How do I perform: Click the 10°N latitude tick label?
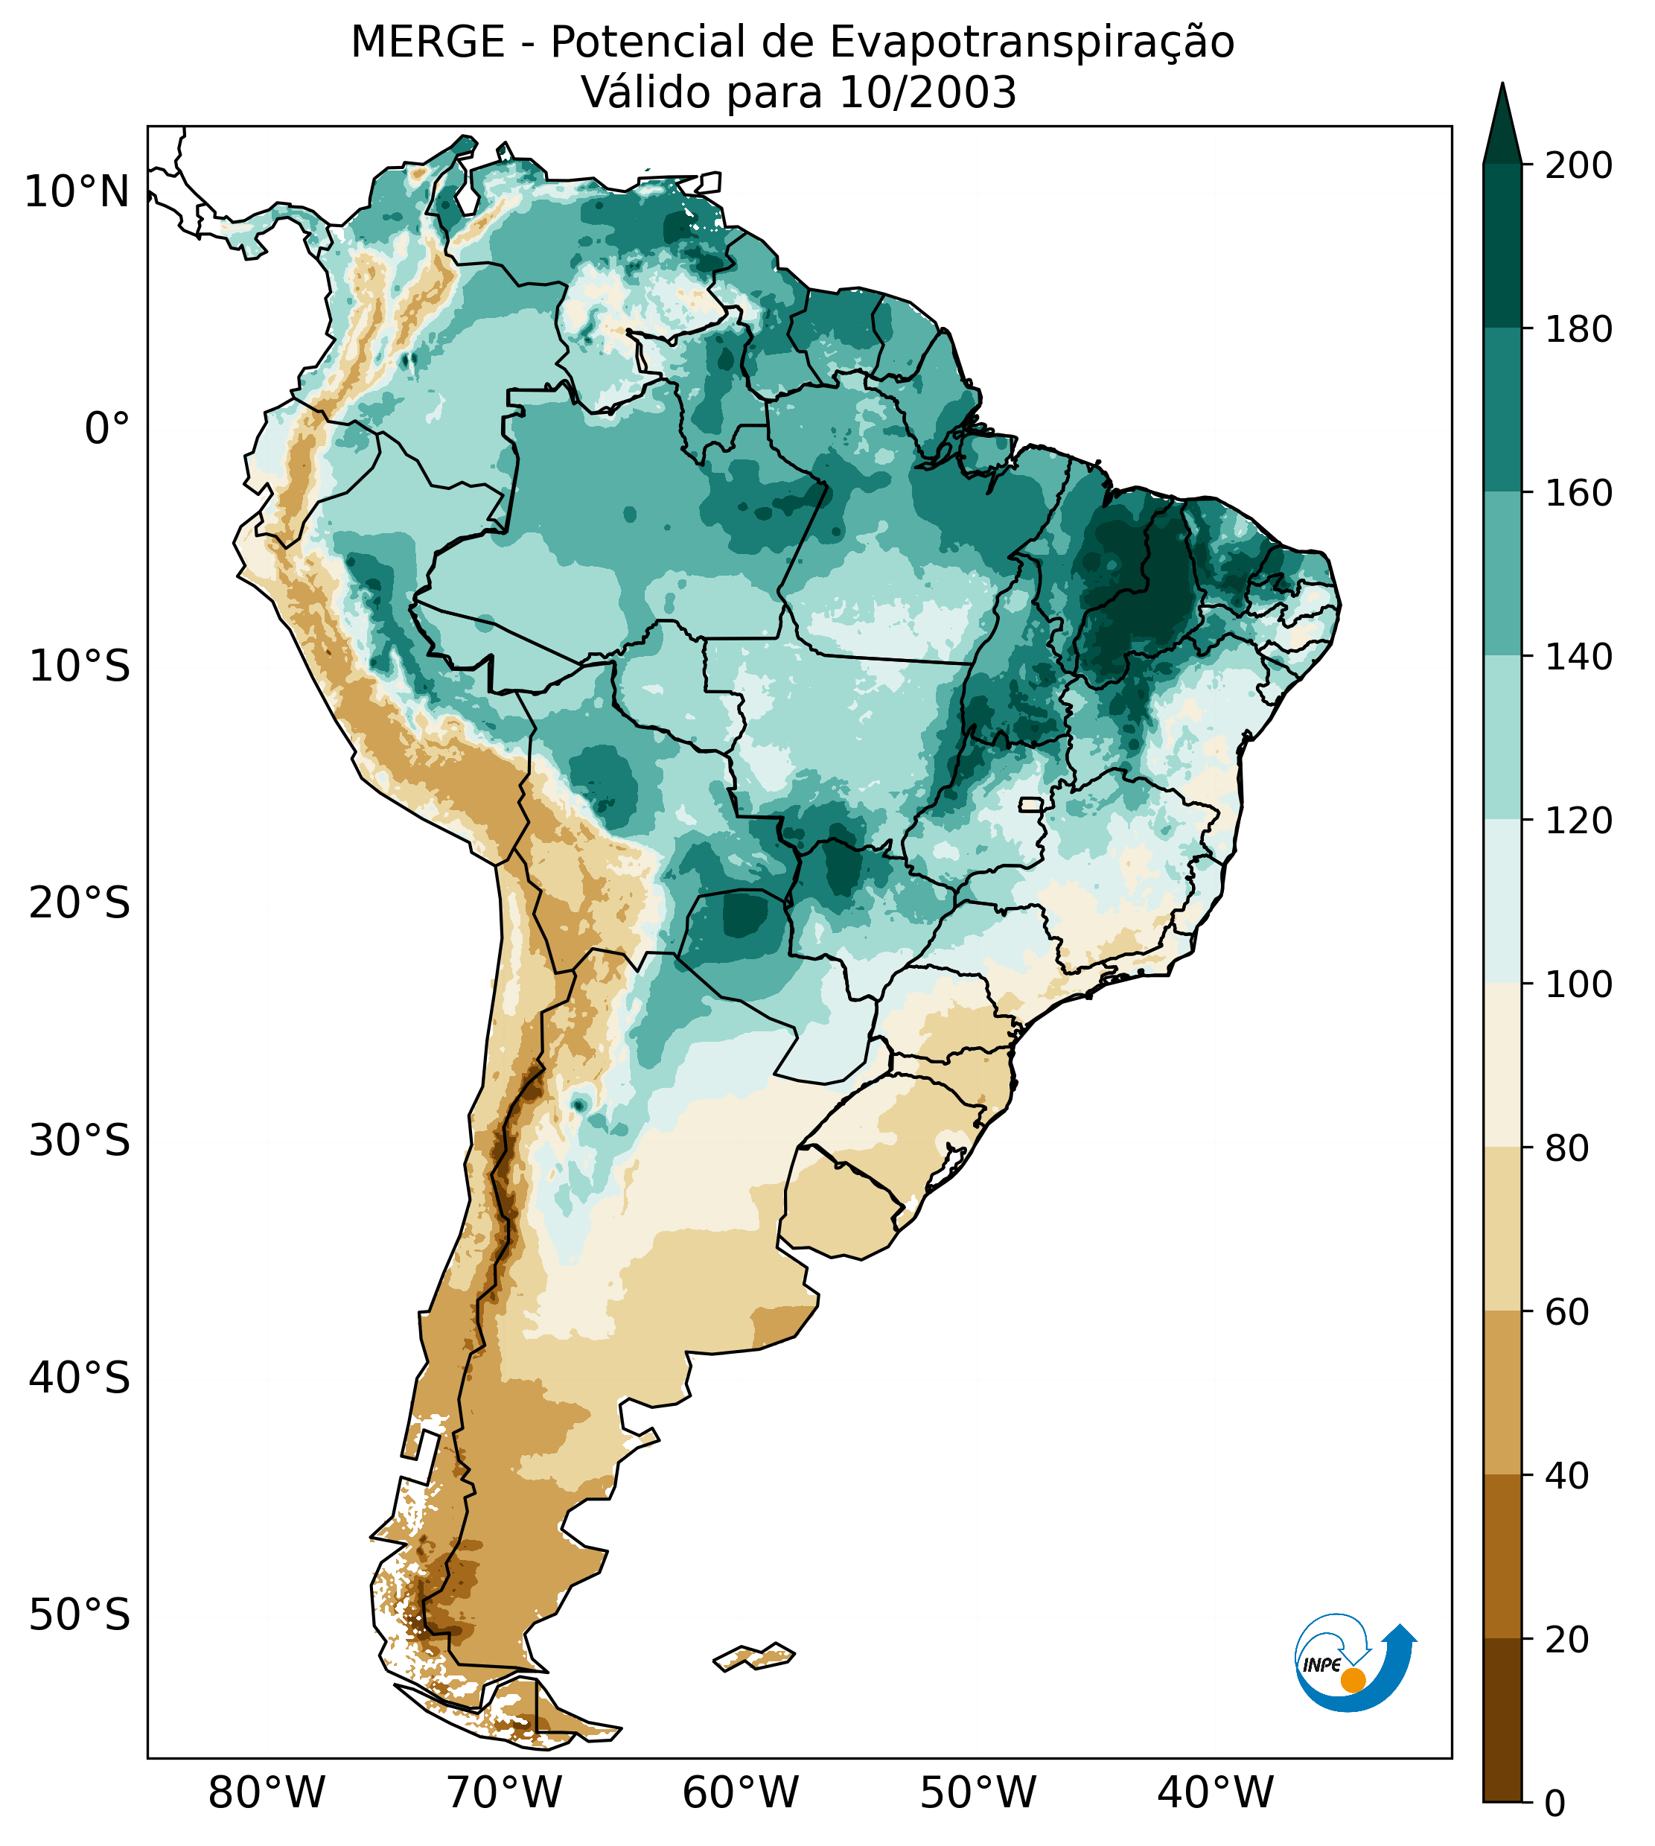pyautogui.click(x=77, y=193)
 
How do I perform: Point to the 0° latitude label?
pyautogui.click(x=106, y=429)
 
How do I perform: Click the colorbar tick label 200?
pyautogui.click(x=1578, y=166)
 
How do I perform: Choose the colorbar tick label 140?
pyautogui.click(x=1578, y=658)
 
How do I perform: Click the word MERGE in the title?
pyautogui.click(x=427, y=42)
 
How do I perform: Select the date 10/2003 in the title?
pyautogui.click(x=928, y=93)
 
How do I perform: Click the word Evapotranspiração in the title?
pyautogui.click(x=1032, y=42)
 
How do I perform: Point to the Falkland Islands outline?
pyautogui.click(x=754, y=1656)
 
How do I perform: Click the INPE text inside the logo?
pyautogui.click(x=1321, y=1665)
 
